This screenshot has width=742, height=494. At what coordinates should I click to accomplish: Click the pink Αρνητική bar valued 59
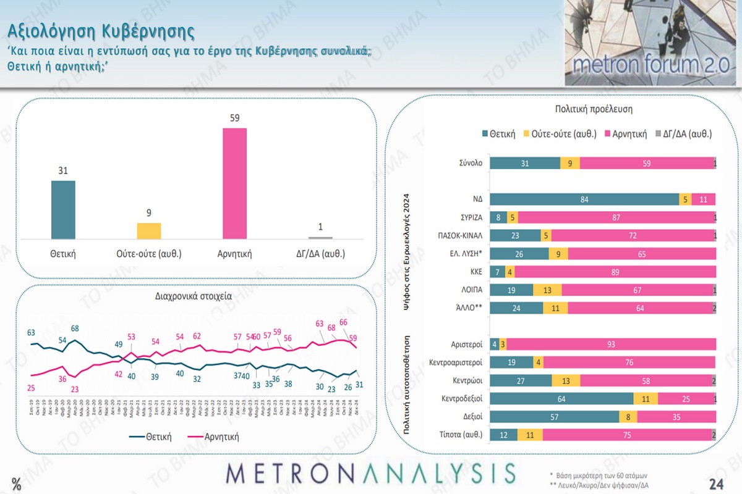tap(234, 183)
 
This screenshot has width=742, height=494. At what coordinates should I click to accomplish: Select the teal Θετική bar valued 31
tap(63, 209)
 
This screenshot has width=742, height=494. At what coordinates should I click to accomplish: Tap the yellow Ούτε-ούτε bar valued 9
tap(148, 231)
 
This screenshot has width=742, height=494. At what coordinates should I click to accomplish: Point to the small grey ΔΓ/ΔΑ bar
tap(320, 238)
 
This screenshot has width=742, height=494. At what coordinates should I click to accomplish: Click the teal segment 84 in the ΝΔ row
tap(584, 199)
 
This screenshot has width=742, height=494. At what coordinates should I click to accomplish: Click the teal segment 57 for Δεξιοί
tap(554, 417)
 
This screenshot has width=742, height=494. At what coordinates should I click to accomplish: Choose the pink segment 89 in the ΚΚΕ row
tap(615, 272)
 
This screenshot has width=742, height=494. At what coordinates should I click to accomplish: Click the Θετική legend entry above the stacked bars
tap(498, 133)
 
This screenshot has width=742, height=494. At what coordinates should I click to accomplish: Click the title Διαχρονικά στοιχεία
tap(194, 296)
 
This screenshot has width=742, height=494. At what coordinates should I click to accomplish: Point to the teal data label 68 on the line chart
tap(75, 328)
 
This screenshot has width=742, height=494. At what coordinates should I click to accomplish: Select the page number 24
tap(717, 483)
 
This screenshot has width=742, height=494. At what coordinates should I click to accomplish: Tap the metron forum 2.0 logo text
tap(652, 65)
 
